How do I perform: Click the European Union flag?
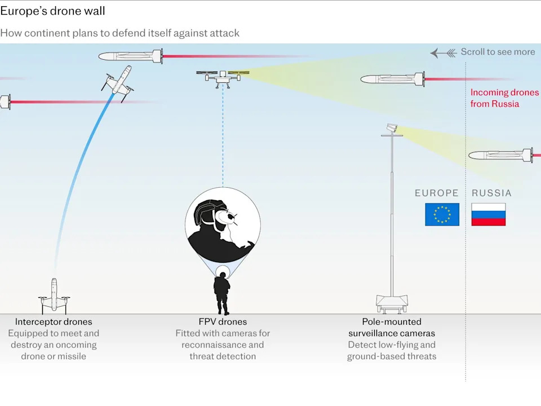click(x=442, y=214)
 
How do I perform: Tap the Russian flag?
click(x=488, y=214)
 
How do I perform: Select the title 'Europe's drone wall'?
click(x=52, y=11)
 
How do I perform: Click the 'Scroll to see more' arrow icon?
click(x=443, y=52)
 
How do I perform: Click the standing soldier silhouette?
click(x=222, y=293)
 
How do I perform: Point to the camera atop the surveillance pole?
click(x=392, y=128)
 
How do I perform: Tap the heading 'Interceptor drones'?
click(x=54, y=322)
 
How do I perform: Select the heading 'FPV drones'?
click(x=223, y=322)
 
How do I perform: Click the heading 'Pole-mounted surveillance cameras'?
click(x=392, y=328)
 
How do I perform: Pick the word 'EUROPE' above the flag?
click(x=437, y=193)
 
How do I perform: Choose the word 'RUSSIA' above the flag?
click(x=491, y=193)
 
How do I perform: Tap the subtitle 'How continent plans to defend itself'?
click(x=119, y=33)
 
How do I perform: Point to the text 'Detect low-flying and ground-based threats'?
click(x=392, y=350)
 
